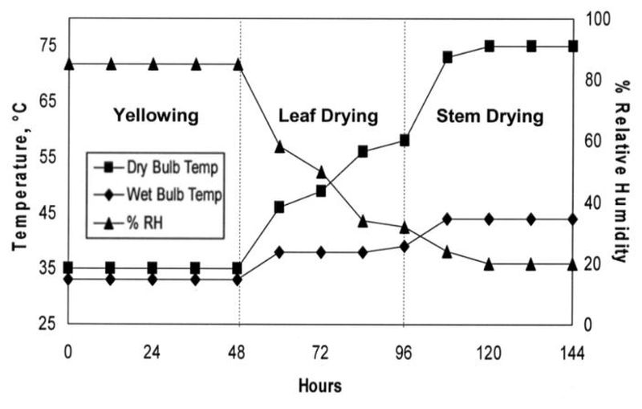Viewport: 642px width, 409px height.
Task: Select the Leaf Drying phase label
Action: [327, 116]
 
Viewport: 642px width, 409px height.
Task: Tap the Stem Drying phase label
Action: [490, 116]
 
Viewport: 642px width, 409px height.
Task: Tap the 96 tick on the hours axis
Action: [404, 352]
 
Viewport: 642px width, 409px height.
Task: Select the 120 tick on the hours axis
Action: [489, 352]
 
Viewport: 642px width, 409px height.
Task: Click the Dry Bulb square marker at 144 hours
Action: [573, 47]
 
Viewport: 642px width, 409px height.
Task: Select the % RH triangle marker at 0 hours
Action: [68, 64]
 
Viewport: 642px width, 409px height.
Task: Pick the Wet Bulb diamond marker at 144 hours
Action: [573, 219]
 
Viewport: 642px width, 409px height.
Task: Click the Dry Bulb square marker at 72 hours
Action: [321, 191]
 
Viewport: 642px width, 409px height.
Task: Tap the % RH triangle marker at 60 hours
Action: [279, 147]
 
